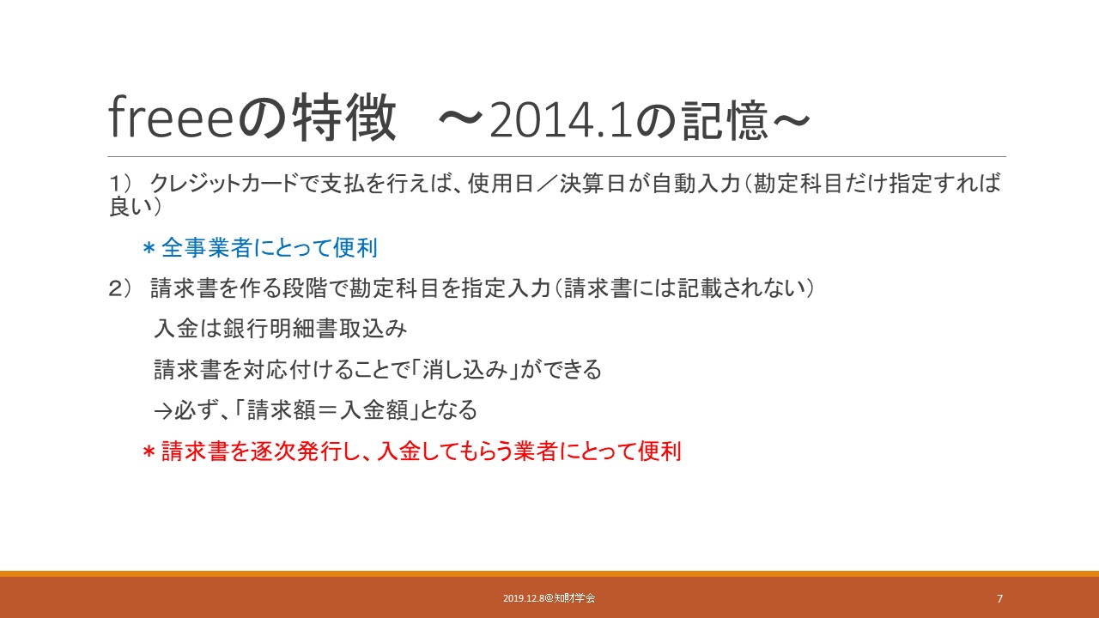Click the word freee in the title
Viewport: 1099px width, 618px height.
click(170, 118)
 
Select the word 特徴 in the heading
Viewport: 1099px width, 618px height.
click(343, 118)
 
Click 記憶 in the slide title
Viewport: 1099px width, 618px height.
click(725, 121)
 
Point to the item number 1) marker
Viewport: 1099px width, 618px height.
click(120, 184)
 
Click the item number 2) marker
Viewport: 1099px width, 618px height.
click(120, 288)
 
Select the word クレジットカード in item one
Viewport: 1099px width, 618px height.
click(224, 184)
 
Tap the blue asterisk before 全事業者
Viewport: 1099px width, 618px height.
click(149, 248)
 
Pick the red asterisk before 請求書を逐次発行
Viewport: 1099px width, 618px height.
click(149, 451)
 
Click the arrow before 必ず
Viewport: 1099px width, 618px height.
click(163, 411)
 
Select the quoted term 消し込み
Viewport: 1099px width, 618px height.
click(464, 370)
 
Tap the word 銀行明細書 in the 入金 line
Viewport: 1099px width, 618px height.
click(281, 329)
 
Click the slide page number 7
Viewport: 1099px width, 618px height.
click(1000, 598)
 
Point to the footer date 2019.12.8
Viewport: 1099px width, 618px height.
click(524, 598)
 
